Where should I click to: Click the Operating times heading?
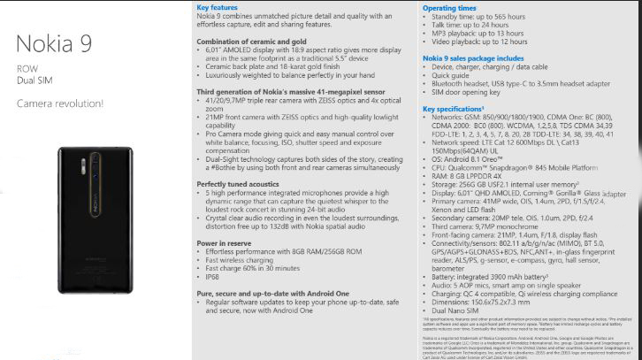(449, 7)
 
